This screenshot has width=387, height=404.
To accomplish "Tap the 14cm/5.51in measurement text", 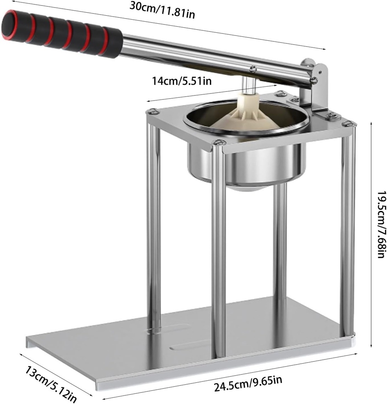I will [x=182, y=81].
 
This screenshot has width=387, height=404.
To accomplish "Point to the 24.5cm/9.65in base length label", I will [x=248, y=382].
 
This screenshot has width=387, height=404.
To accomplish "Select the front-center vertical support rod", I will [x=218, y=252].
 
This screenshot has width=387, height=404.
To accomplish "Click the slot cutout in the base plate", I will [x=186, y=346].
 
